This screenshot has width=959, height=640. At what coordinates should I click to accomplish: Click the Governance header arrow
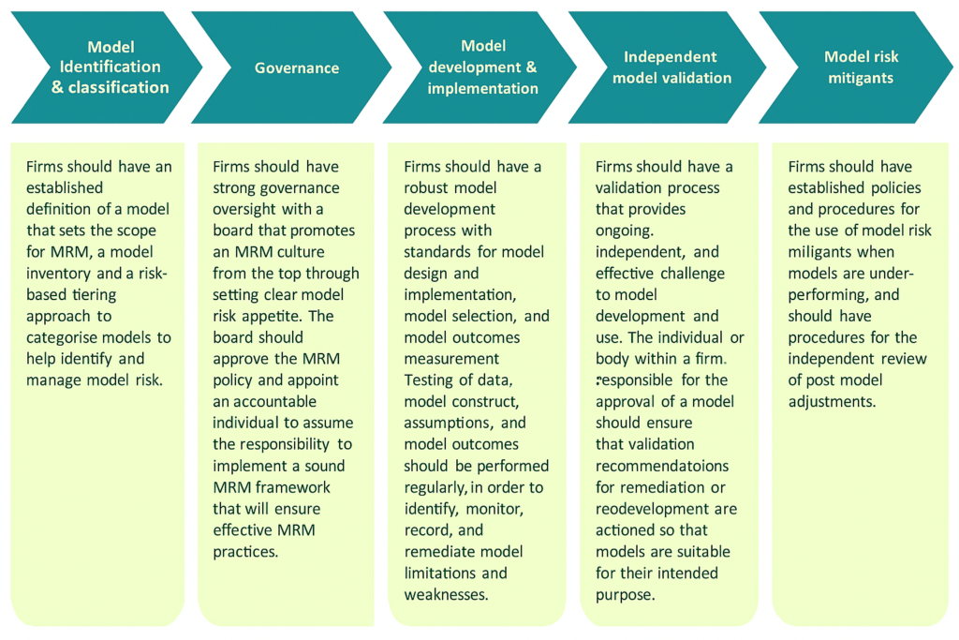click(296, 67)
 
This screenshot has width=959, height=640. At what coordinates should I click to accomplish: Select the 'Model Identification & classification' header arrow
click(111, 67)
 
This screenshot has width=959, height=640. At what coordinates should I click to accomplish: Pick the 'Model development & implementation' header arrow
click(482, 67)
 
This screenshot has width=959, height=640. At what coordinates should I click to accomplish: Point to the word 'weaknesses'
click(446, 594)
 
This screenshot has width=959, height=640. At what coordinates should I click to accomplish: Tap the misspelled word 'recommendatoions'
click(662, 466)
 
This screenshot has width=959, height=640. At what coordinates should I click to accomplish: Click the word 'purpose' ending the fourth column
click(625, 594)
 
